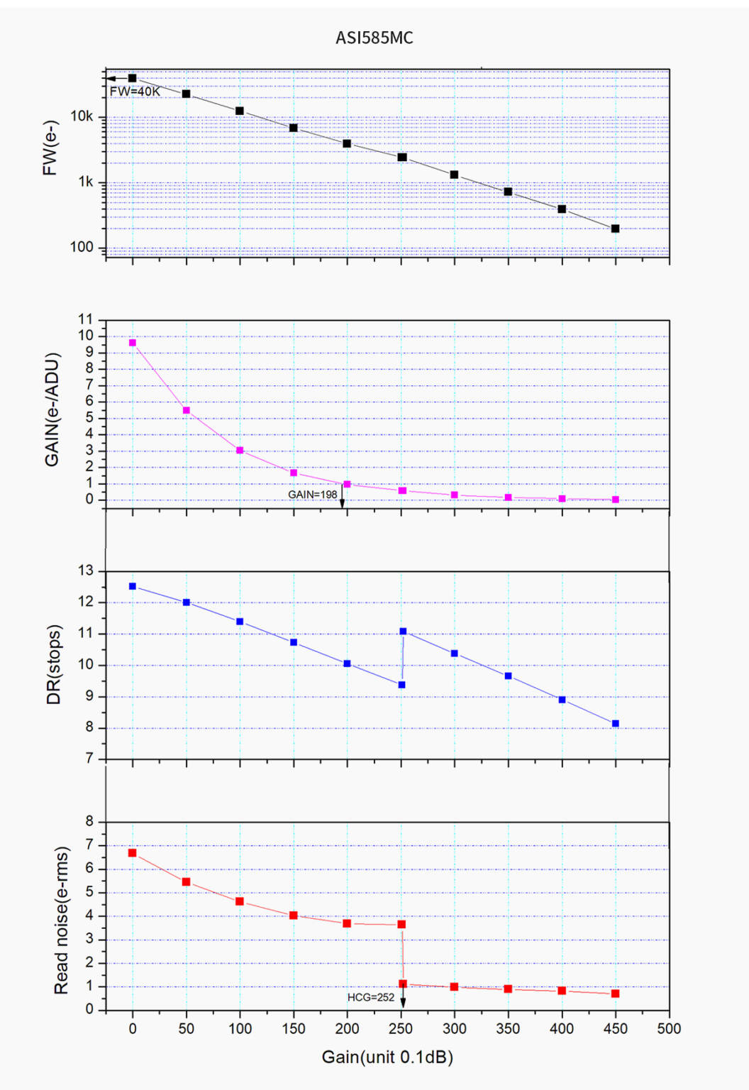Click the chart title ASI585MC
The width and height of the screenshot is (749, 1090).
pos(374,38)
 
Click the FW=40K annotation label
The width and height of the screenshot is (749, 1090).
pos(135,92)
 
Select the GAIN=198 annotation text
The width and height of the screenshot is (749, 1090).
pos(312,495)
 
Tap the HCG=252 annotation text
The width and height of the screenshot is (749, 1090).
pos(370,997)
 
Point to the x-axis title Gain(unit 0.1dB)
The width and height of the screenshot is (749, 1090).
pos(387,1057)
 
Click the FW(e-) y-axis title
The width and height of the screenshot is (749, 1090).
pos(50,148)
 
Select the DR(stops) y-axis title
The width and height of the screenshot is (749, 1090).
pos(54,664)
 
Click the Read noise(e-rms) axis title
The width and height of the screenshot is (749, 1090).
pos(62,920)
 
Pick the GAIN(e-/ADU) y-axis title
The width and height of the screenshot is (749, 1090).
pos(52,409)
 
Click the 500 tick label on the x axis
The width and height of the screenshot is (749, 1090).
pos(669,1029)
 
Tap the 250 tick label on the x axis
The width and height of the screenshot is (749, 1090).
pos(401,1029)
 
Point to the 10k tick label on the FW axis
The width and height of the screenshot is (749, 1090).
pos(82,116)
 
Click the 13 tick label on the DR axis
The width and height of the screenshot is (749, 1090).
pos(86,571)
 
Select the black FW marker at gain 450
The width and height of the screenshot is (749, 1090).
pos(615,229)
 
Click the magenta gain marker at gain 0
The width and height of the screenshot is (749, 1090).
pos(133,343)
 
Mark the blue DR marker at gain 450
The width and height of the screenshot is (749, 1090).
pos(615,724)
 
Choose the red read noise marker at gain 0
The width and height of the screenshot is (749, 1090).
pos(133,853)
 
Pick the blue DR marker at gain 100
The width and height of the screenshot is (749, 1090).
pos(240,622)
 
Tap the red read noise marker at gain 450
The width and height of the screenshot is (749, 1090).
pos(615,993)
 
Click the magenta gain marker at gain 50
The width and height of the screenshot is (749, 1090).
pos(187,410)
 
